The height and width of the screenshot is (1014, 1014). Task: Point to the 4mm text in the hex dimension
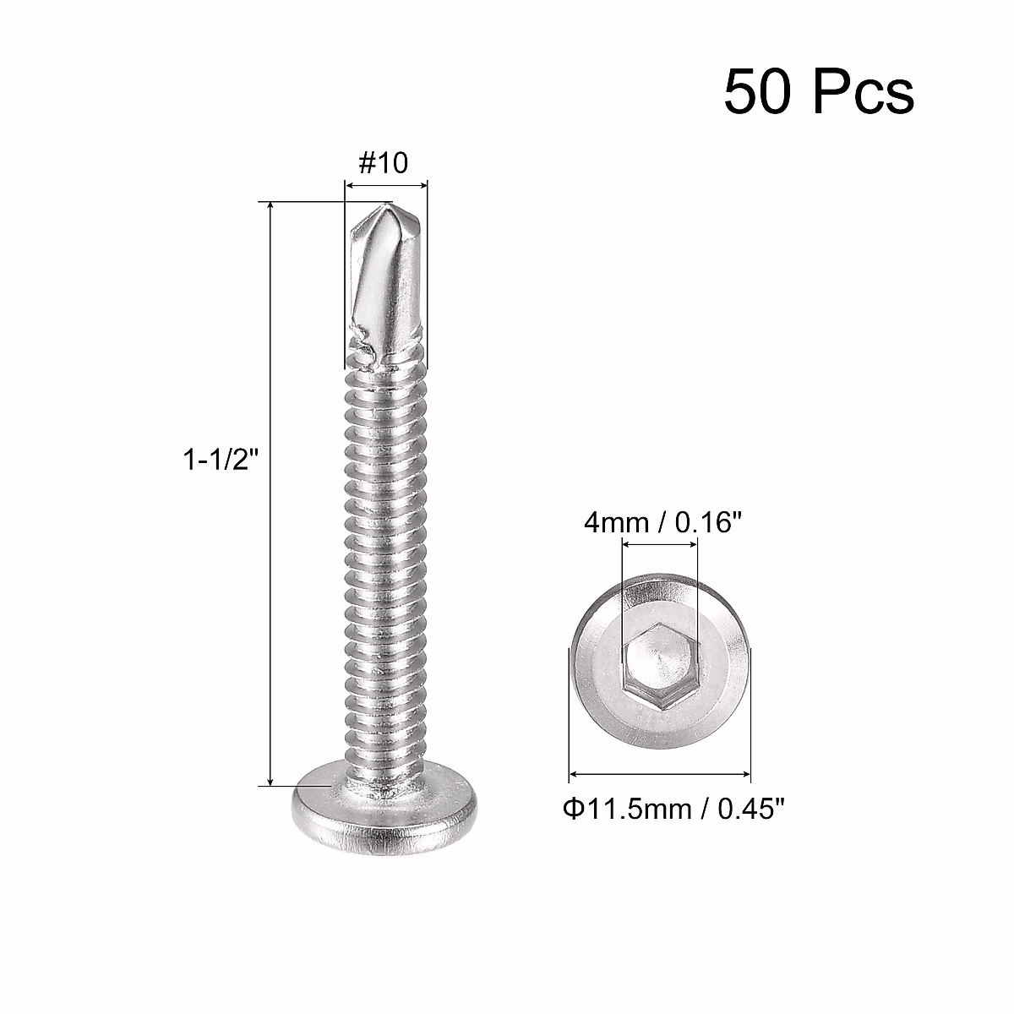pos(613,524)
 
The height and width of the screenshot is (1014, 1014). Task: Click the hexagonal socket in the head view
pos(659,662)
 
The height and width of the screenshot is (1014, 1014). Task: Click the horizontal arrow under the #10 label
pos(386,183)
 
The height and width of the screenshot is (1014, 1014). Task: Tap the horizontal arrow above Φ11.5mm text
pos(659,772)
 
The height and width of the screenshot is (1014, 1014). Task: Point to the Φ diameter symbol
pos(571,809)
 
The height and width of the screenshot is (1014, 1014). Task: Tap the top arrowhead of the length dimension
pos(270,208)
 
